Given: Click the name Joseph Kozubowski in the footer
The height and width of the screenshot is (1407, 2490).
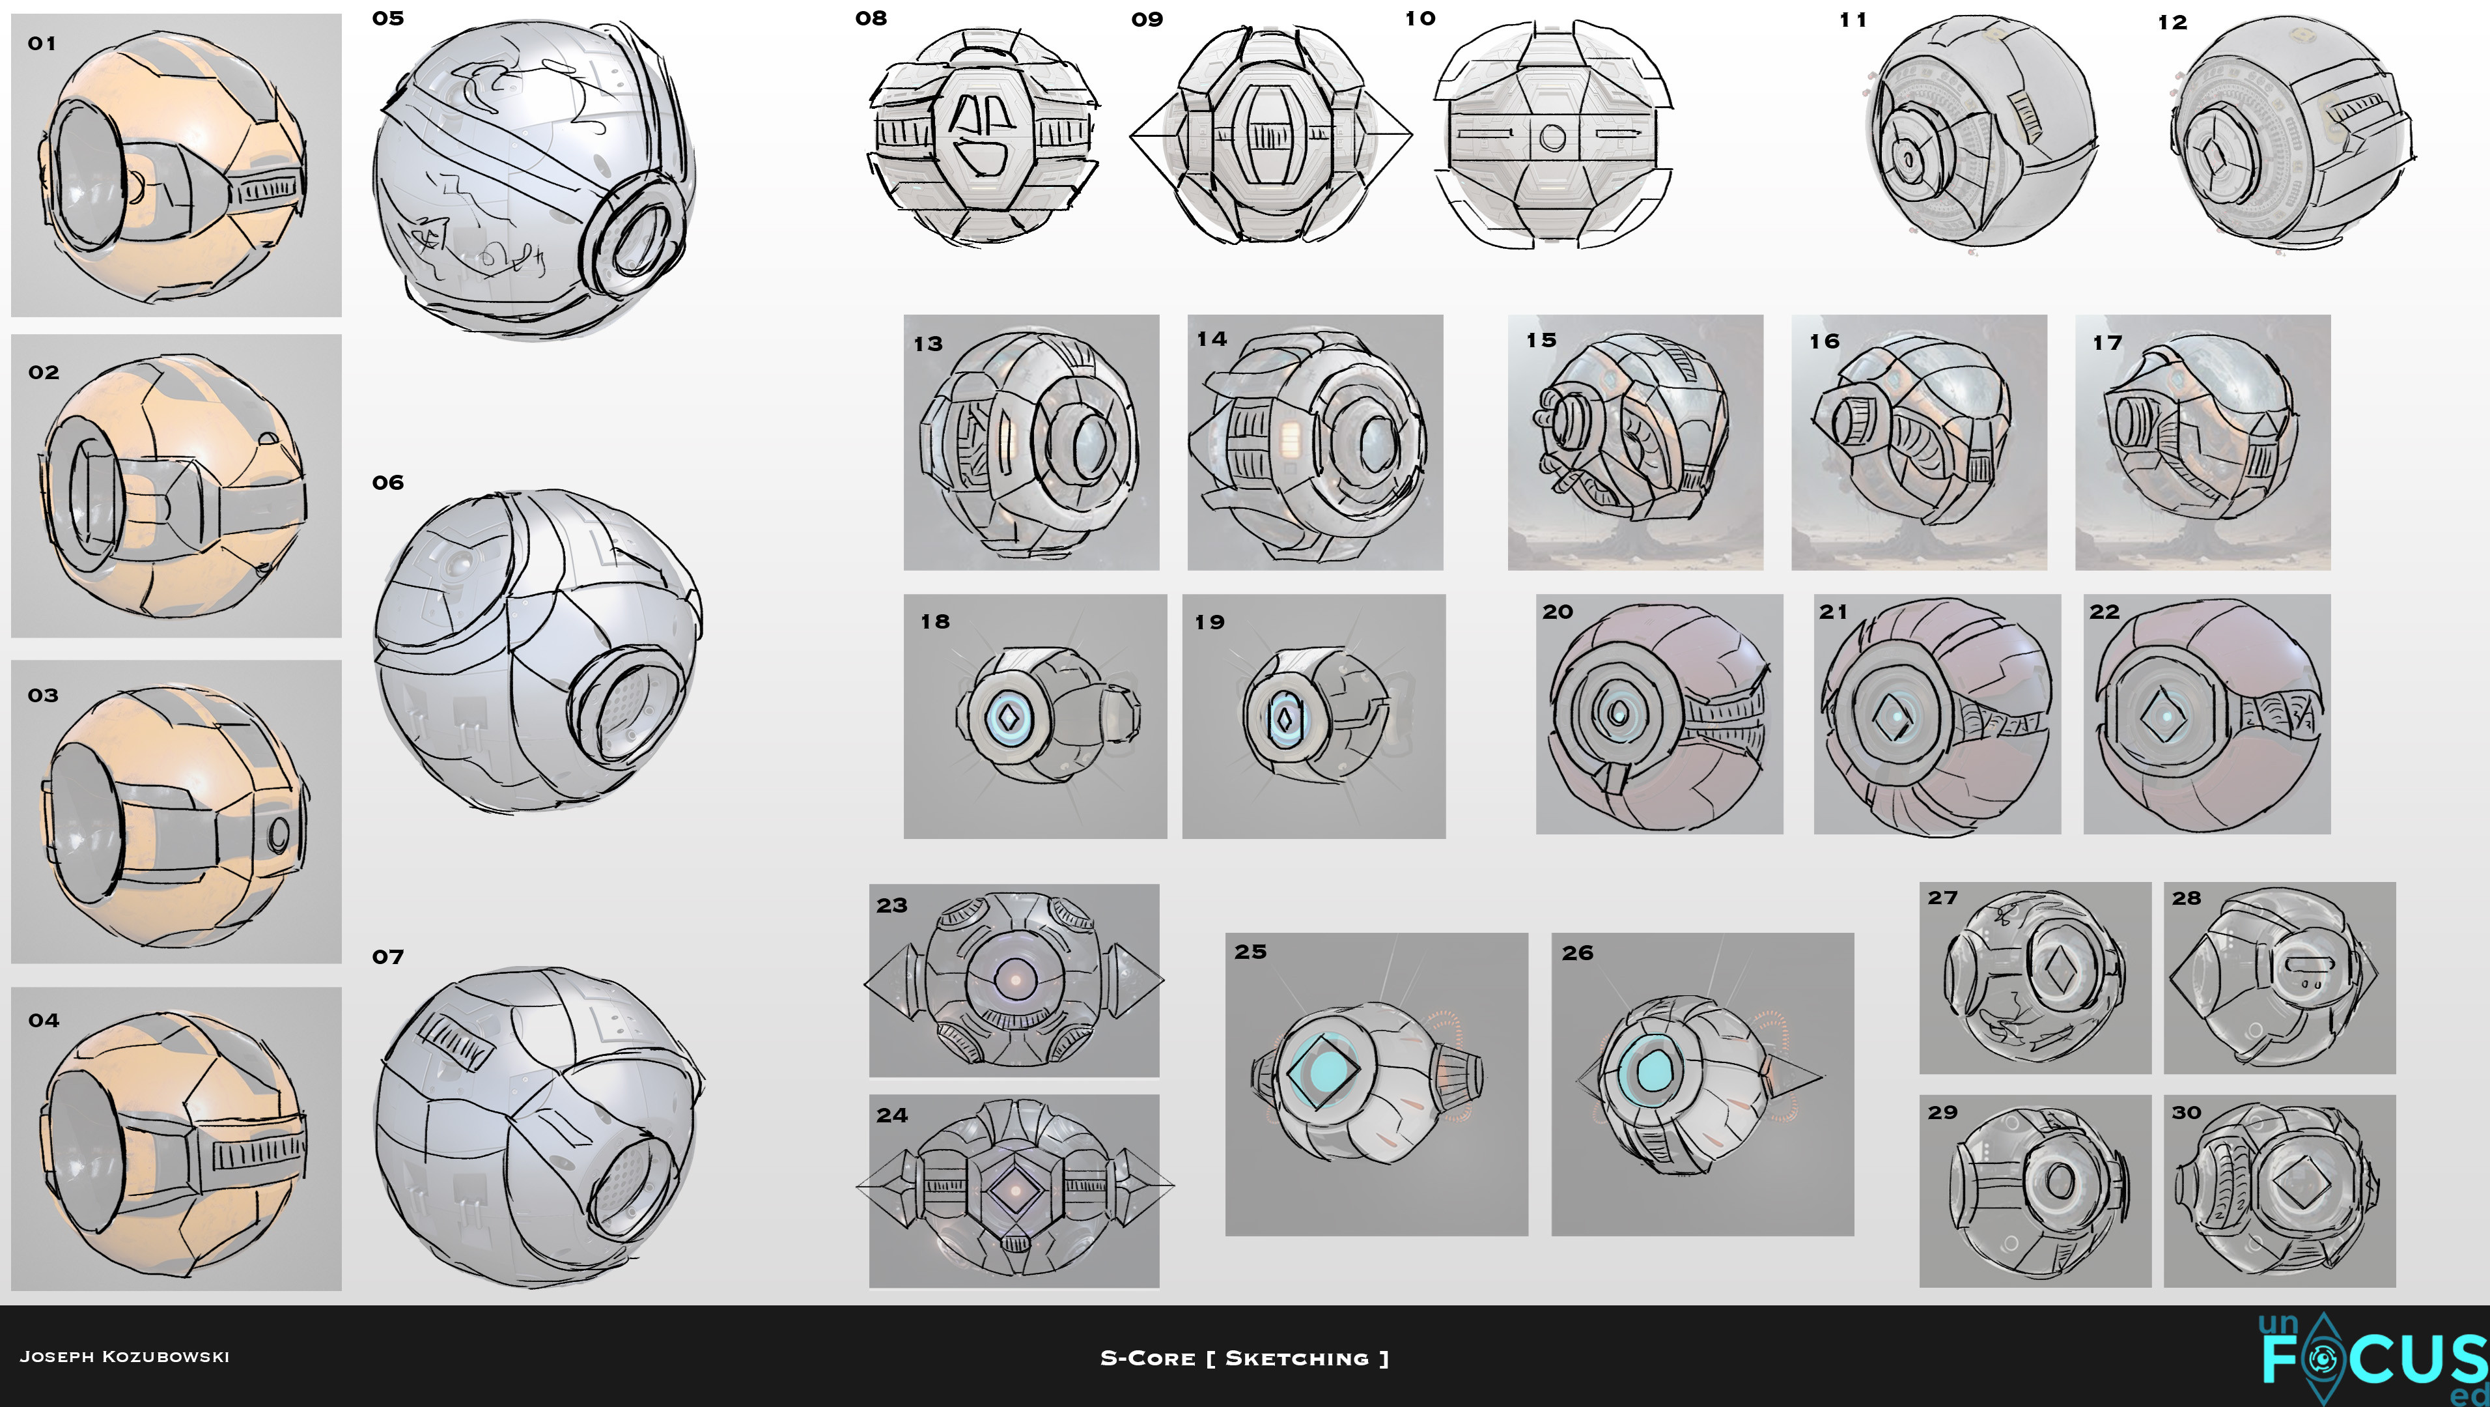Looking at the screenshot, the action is coord(124,1357).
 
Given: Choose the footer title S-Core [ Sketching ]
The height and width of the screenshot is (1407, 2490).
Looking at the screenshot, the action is coord(1244,1357).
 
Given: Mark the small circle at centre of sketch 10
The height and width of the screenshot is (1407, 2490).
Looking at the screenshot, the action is coord(1552,136).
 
